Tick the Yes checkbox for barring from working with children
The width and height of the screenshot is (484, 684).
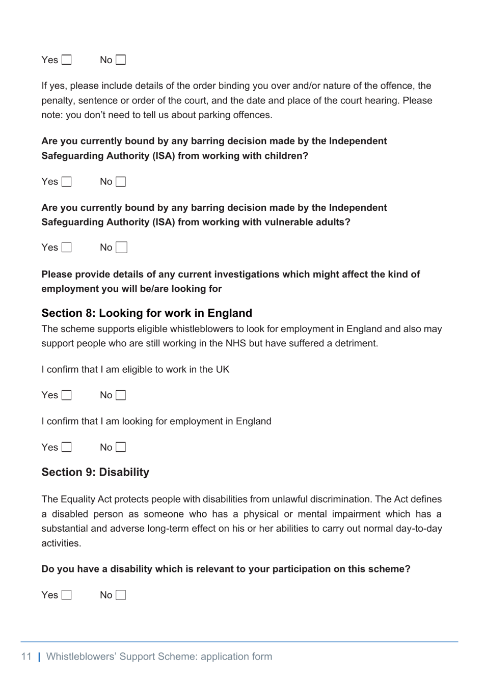[x=67, y=182]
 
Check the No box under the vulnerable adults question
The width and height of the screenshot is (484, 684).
[x=121, y=248]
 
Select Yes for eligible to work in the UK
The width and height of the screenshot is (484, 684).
[x=67, y=395]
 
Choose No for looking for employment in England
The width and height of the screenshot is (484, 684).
[x=121, y=447]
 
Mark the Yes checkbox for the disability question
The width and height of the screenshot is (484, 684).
[x=67, y=595]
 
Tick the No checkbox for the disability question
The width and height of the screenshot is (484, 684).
[x=121, y=595]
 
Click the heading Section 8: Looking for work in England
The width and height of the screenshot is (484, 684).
[x=147, y=313]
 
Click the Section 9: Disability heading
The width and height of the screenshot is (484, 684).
[x=95, y=472]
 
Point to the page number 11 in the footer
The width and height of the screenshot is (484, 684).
[x=26, y=656]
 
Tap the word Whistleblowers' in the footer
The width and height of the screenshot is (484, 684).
[x=81, y=656]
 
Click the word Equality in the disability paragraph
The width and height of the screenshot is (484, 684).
[x=78, y=500]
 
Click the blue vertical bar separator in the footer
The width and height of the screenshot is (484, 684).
[x=39, y=656]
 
